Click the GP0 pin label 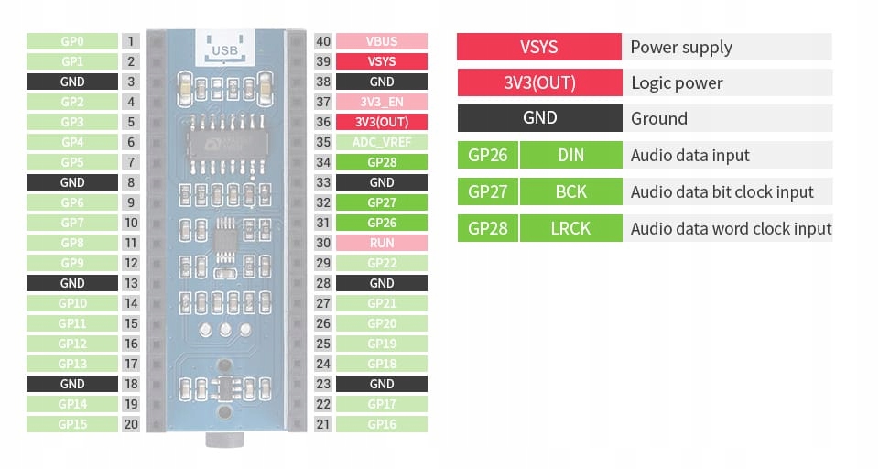(x=72, y=41)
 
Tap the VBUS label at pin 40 (x=382, y=41)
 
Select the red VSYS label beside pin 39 (x=382, y=61)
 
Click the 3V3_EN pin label (x=382, y=102)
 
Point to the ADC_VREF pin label (x=382, y=142)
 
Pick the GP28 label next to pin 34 (x=382, y=162)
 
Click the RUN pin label (x=382, y=243)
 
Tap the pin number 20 (x=131, y=424)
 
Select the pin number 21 (x=322, y=424)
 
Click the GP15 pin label (x=72, y=424)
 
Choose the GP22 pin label (x=382, y=263)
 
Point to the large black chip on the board (x=225, y=142)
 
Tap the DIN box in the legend (x=570, y=155)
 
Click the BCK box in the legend (x=570, y=191)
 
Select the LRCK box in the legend (x=570, y=228)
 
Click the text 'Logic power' (x=677, y=83)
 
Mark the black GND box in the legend (x=539, y=118)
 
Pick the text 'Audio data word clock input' (x=731, y=228)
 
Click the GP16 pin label (x=382, y=424)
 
